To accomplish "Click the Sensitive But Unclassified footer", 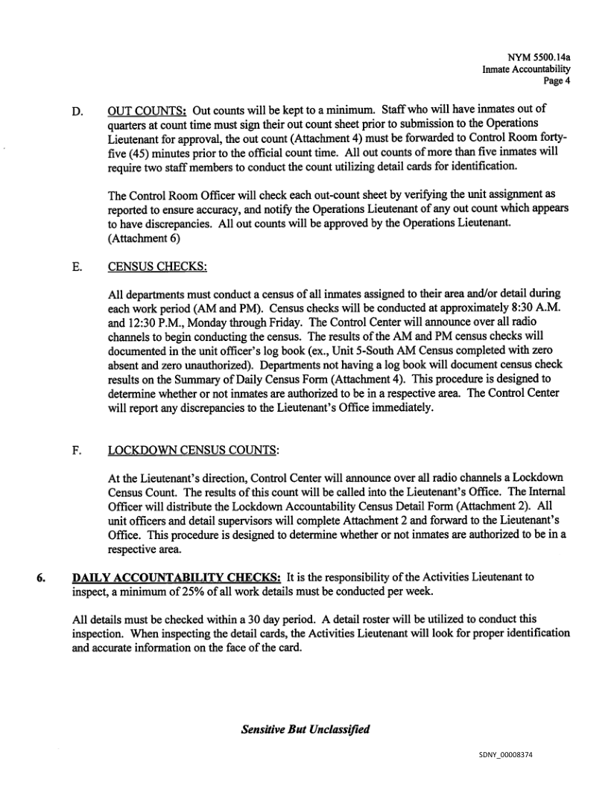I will pos(305,729).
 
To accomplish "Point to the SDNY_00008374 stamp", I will pos(506,756).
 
